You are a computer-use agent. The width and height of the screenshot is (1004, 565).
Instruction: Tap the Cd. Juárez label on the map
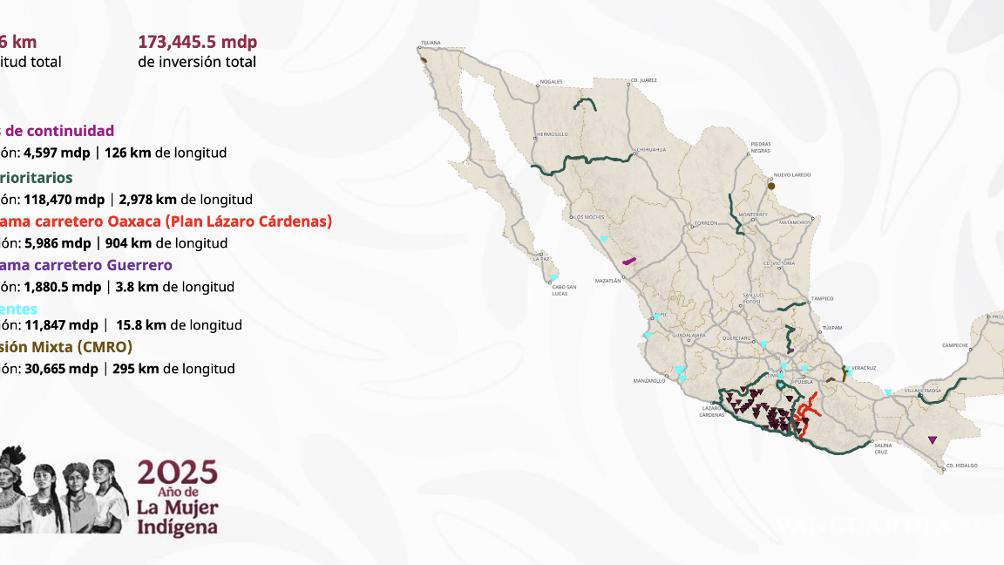pyautogui.click(x=642, y=80)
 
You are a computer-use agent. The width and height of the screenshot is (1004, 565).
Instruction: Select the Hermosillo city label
pyautogui.click(x=550, y=134)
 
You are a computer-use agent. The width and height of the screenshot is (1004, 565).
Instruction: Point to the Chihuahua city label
pyautogui.click(x=651, y=149)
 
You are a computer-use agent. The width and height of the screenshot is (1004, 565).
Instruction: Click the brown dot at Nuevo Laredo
pyautogui.click(x=771, y=186)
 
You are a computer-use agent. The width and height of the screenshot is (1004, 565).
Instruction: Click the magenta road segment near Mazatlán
pyautogui.click(x=627, y=260)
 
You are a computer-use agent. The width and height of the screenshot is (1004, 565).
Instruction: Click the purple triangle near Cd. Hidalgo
pyautogui.click(x=933, y=440)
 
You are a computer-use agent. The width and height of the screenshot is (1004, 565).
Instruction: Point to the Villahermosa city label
pyautogui.click(x=925, y=391)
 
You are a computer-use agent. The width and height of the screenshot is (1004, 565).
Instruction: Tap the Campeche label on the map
pyautogui.click(x=955, y=345)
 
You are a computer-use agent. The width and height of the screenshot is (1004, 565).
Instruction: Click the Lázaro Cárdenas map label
pyautogui.click(x=712, y=411)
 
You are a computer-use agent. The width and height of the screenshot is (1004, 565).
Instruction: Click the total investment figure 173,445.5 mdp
pyautogui.click(x=197, y=42)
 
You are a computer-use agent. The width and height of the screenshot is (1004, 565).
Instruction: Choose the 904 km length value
pyautogui.click(x=127, y=243)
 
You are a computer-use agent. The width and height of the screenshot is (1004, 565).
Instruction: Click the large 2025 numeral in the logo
pyautogui.click(x=177, y=473)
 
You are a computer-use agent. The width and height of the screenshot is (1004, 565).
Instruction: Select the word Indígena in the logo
pyautogui.click(x=177, y=527)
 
